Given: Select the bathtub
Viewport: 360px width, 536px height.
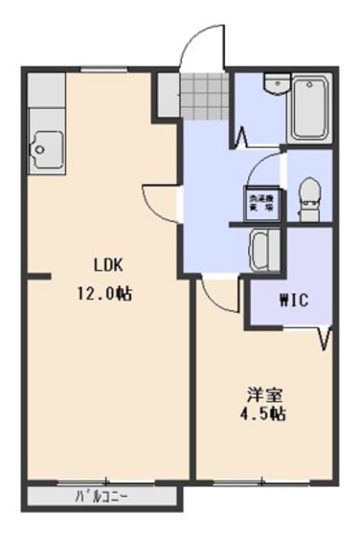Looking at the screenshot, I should pos(307,111).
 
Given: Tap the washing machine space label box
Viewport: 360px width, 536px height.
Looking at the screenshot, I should pos(259,202).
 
